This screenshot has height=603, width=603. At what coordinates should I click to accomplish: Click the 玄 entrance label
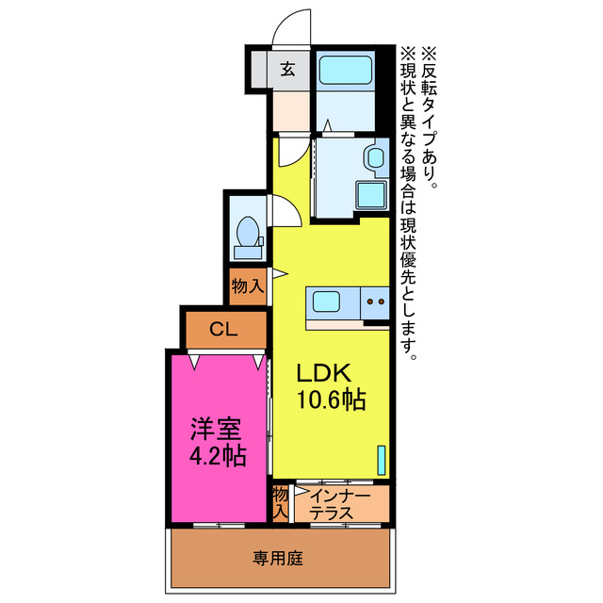point(286,68)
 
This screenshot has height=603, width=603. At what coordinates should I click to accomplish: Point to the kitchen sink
point(326,303)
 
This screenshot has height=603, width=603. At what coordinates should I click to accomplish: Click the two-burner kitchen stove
point(375,303)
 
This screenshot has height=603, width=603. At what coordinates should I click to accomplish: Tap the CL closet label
point(222,330)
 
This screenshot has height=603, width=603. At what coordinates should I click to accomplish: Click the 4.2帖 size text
point(217,457)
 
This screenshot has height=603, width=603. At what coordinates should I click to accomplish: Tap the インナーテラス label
point(338,503)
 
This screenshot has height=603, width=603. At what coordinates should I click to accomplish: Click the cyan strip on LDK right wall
point(383,459)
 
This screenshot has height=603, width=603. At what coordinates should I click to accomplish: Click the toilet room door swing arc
point(285,210)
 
